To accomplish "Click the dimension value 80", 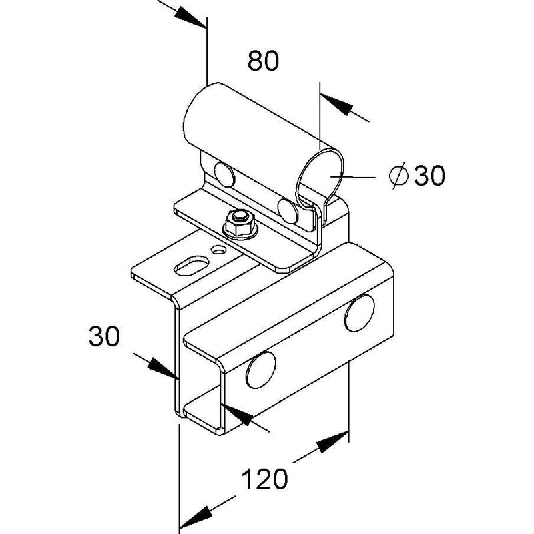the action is tap(263, 61).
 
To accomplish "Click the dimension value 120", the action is tap(264, 479).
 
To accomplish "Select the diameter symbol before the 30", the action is tap(398, 175).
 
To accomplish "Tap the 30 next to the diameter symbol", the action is tap(429, 175).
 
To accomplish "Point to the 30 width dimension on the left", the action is tap(104, 336).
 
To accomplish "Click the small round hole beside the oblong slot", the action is tap(218, 250).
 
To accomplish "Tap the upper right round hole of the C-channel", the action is tap(360, 313).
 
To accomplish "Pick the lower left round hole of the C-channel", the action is tap(260, 370).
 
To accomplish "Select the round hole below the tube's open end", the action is tap(288, 211).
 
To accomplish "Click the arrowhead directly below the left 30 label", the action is tap(163, 369).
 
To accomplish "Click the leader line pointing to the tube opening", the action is tap(353, 177).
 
